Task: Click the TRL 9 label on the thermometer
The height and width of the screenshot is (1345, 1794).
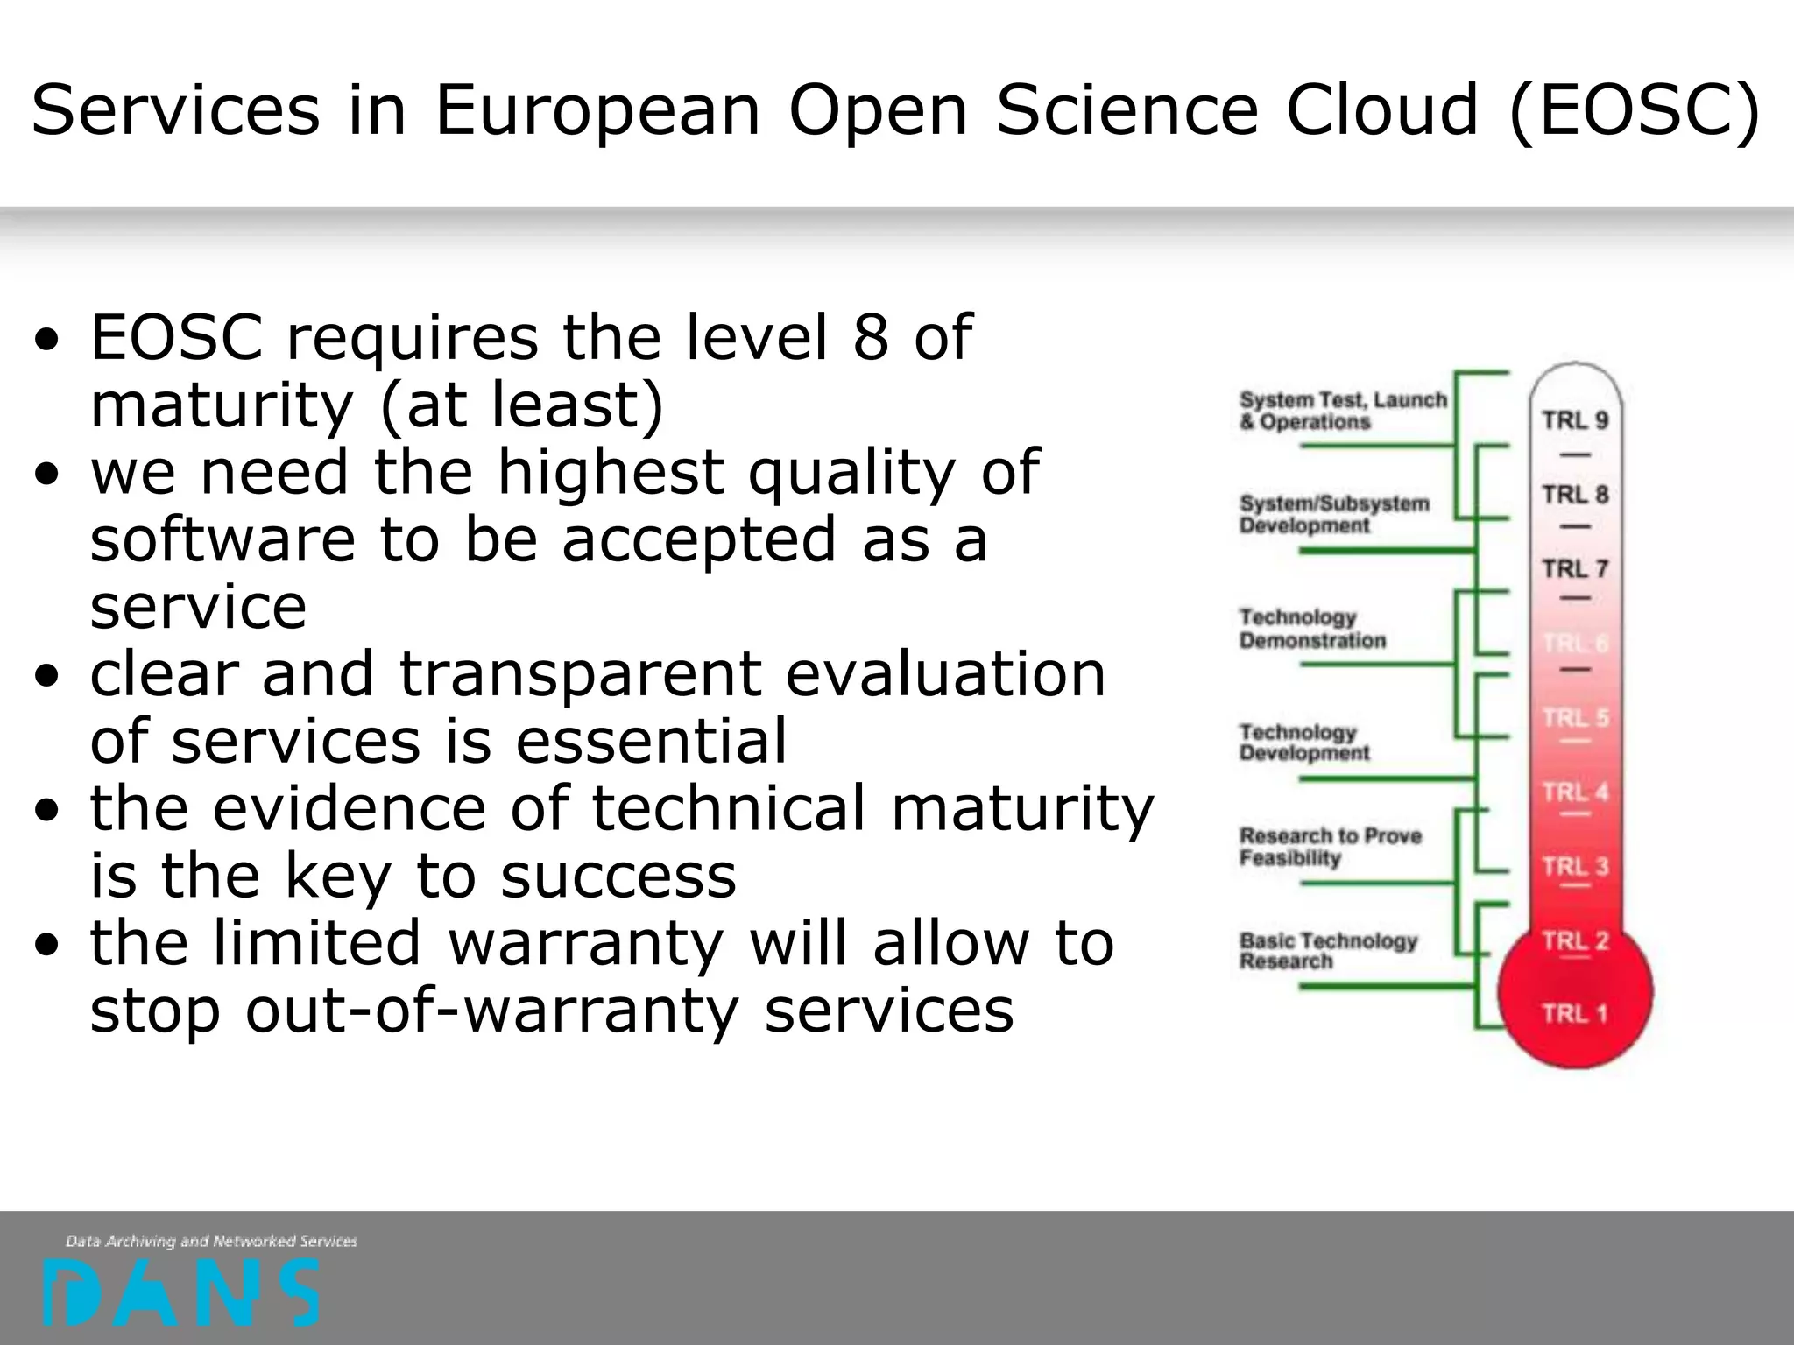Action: coord(1575,420)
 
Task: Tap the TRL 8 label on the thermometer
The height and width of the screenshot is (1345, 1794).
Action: coord(1575,495)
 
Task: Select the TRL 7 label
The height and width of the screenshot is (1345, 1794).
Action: coord(1575,568)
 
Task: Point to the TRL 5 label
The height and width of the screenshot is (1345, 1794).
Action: coord(1575,718)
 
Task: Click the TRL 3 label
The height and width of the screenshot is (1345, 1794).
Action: coord(1575,867)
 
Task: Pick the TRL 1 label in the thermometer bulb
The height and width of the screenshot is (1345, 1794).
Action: coord(1575,1014)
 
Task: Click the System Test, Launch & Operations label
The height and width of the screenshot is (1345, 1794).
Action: coord(1342,411)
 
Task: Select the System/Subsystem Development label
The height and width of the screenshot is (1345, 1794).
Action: coord(1333,514)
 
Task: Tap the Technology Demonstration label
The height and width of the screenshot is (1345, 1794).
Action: coord(1311,629)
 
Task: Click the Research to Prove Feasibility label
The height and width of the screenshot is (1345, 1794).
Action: coord(1329,847)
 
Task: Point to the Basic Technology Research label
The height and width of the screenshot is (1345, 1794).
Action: coord(1327,951)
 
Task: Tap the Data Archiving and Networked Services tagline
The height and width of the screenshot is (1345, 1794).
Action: coord(211,1241)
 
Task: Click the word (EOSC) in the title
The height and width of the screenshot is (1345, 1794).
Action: coord(1635,111)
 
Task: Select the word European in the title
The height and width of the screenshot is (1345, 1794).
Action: coord(597,111)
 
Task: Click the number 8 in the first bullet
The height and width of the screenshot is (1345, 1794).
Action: coord(871,337)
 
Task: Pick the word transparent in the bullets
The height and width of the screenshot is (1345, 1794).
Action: coord(579,674)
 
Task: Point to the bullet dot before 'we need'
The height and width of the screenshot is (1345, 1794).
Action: coord(48,474)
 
